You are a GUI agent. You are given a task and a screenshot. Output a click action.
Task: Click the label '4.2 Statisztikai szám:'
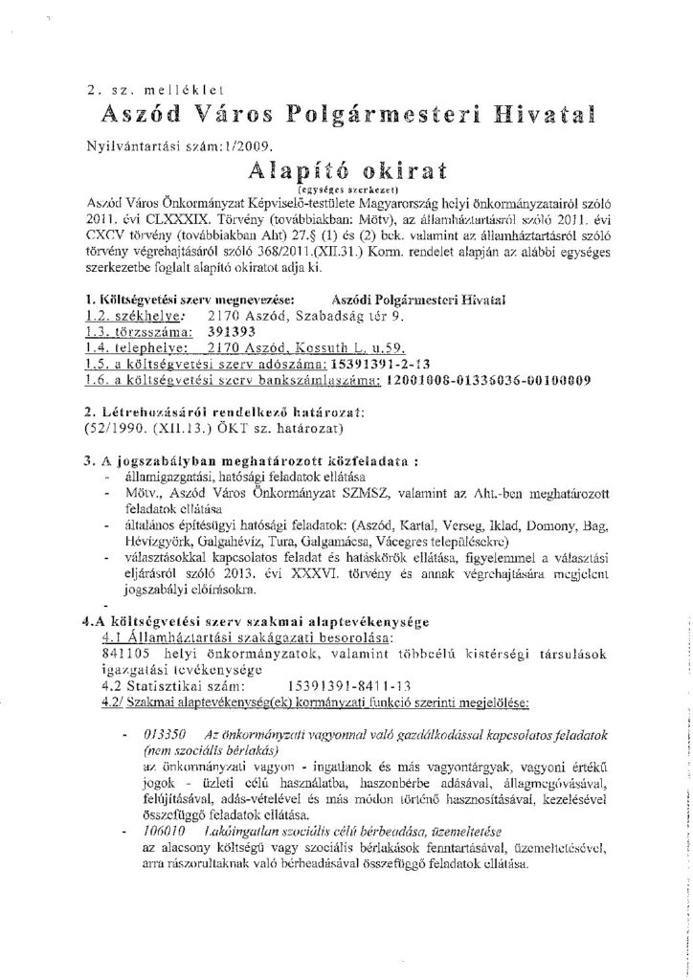pos(172,685)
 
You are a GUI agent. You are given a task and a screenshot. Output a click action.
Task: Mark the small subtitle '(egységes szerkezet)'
pos(347,190)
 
